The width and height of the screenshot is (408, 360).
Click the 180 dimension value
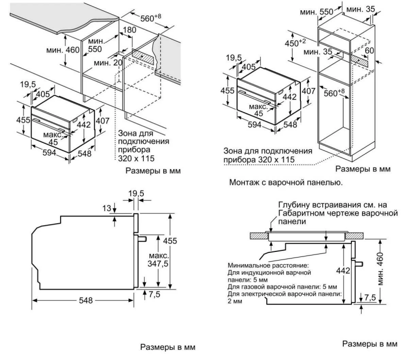pos(130,31)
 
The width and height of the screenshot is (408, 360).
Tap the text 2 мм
pos(235,301)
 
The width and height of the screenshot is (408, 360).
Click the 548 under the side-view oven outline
pos(86,300)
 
